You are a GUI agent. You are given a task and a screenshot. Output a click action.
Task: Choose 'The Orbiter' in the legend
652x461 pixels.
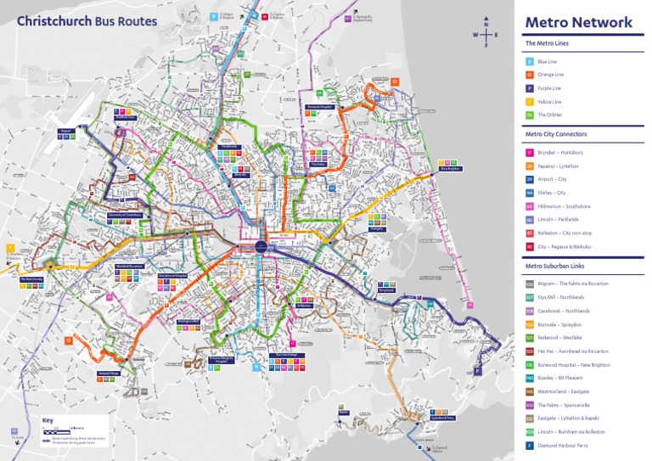pyautogui.click(x=549, y=115)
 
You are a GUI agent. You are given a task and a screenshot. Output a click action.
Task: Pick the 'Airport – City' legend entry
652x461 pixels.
pyautogui.click(x=552, y=179)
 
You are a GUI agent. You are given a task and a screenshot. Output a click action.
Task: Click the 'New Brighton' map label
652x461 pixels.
pyautogui.click(x=449, y=168)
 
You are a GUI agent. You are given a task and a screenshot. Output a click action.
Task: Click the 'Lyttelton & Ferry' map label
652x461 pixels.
pyautogui.click(x=419, y=418)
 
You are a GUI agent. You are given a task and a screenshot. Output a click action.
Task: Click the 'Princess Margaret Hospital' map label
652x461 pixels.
pyautogui.click(x=222, y=360)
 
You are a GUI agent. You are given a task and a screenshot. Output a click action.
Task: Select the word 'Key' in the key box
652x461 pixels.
pyautogui.click(x=48, y=420)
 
